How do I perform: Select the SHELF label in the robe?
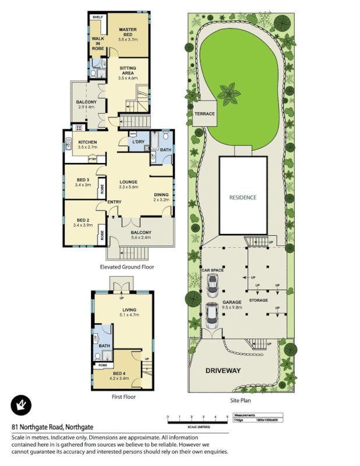point(97,17)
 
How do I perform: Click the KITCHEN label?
point(87,143)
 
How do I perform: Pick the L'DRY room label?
point(138,142)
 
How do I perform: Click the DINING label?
point(161,195)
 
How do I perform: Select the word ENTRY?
point(114,202)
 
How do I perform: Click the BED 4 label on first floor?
point(119,373)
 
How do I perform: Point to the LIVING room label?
point(129,310)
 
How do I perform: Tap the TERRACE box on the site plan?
point(205,114)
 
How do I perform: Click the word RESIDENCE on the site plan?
point(242,197)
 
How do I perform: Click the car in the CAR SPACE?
point(212,284)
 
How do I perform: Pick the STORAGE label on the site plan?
point(259,301)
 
